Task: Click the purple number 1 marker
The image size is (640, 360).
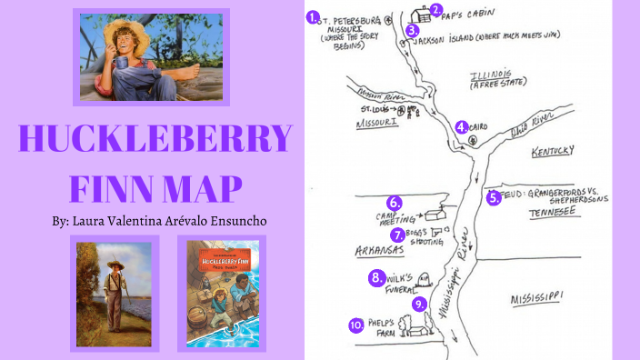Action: [313, 16]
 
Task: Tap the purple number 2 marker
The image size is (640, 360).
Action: [436, 11]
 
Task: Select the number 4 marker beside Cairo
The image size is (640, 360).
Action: [462, 127]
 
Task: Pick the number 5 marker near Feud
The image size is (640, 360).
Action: [494, 197]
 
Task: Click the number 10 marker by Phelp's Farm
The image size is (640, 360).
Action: [356, 325]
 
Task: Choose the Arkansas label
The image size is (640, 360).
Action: [380, 248]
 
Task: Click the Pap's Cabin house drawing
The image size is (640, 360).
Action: [421, 15]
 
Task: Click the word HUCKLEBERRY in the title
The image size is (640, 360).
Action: [155, 139]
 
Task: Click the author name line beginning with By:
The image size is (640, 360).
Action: [155, 221]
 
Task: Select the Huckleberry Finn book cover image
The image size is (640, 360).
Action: [221, 293]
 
